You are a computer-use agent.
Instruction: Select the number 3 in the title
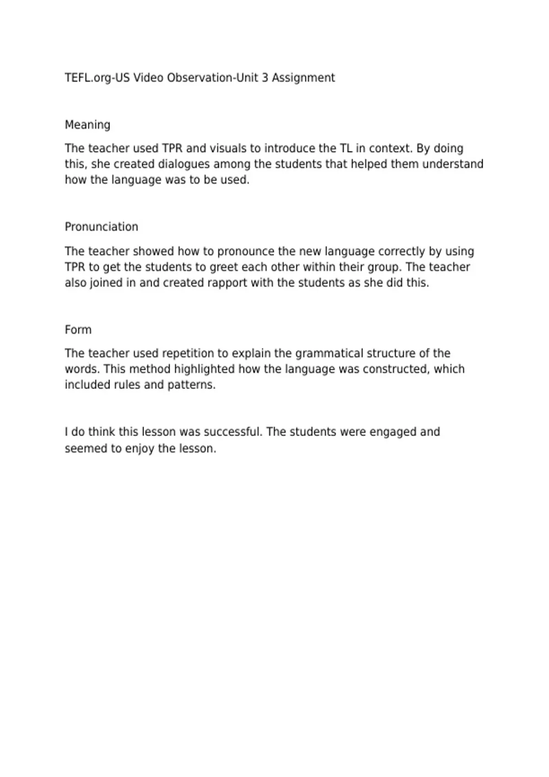265,78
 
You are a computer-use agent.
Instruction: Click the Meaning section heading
87,125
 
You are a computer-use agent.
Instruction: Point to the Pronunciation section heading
101,227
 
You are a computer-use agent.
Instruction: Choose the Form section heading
78,330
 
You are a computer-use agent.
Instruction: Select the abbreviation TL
345,149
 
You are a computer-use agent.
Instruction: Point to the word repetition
188,354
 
